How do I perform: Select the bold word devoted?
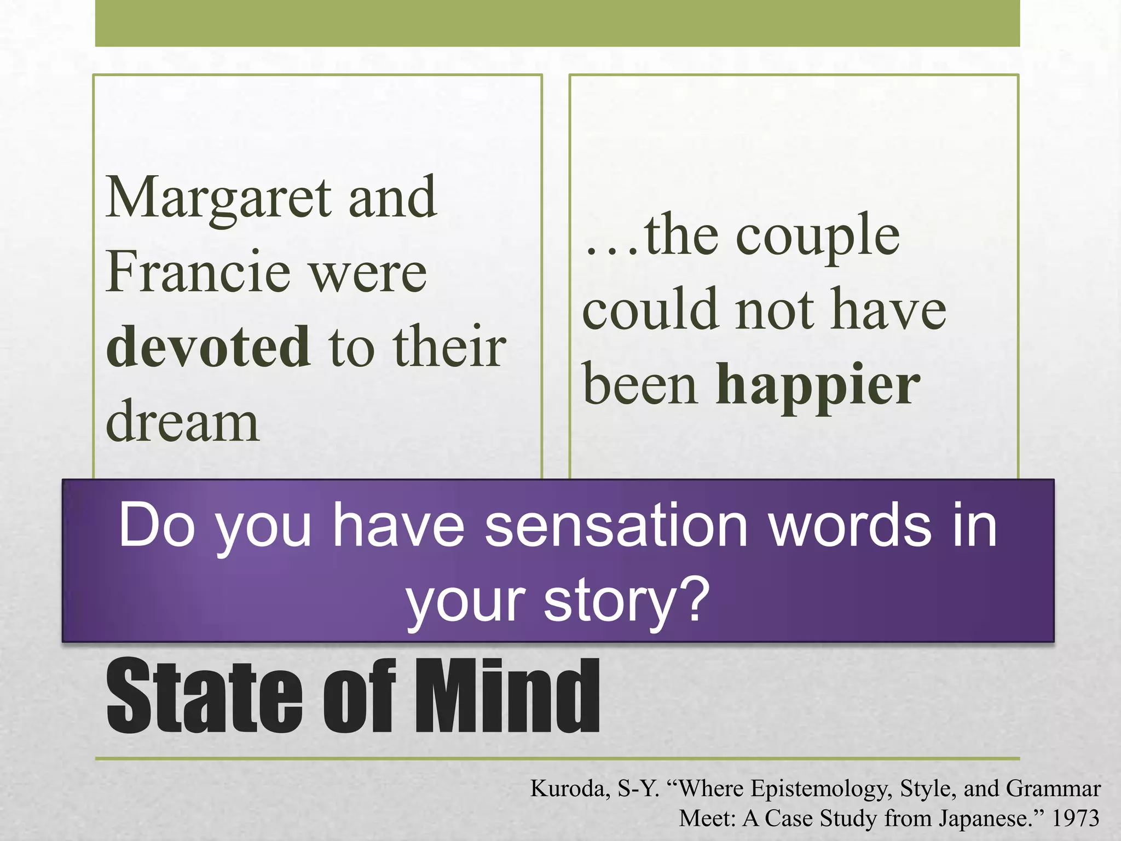point(209,347)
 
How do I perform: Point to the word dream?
point(182,422)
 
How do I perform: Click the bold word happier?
point(818,385)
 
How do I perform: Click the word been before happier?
point(641,385)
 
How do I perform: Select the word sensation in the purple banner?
point(616,526)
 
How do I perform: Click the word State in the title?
point(204,696)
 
